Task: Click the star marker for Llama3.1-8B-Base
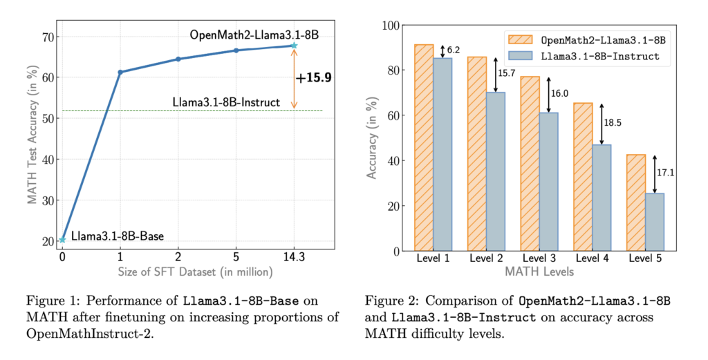62,240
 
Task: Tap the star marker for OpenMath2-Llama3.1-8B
294,46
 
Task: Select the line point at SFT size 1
120,72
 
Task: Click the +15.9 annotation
314,78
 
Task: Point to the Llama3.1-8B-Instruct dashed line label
225,102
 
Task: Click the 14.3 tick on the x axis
294,258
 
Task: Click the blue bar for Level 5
654,222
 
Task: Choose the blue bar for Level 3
548,181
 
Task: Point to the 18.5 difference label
613,122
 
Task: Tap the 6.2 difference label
454,50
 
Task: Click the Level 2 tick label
486,258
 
